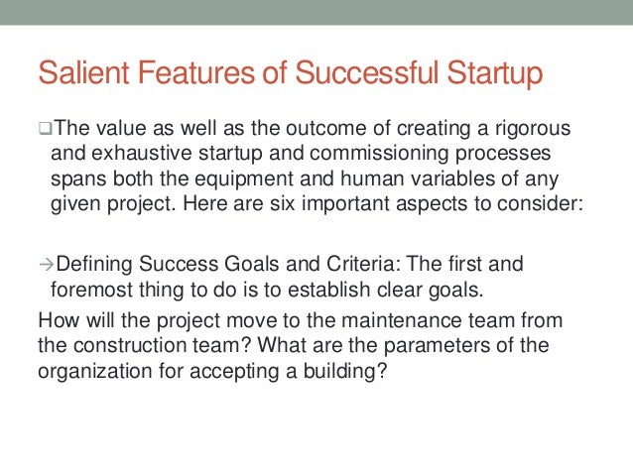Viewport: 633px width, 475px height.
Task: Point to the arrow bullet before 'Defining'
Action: [x=44, y=265]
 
